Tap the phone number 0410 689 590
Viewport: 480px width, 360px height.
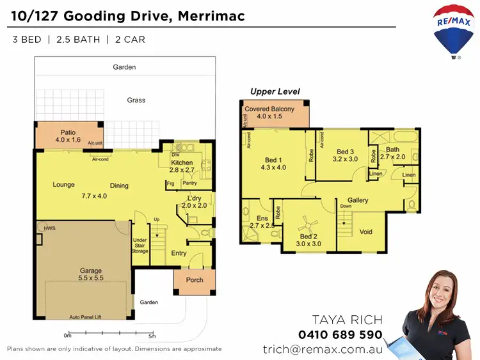coord(340,334)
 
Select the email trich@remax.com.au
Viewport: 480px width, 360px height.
coord(323,349)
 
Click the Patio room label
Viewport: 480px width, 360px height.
coord(68,136)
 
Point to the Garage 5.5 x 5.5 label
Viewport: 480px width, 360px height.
coord(91,274)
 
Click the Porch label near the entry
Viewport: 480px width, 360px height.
coord(195,279)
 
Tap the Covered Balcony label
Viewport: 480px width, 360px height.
coord(269,113)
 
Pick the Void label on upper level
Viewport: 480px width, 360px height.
coord(366,231)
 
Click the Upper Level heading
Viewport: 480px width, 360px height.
coord(275,91)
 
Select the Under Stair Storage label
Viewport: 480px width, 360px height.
coord(140,246)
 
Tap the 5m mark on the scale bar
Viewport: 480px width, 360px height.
coord(152,336)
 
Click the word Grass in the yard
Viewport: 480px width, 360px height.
coord(136,100)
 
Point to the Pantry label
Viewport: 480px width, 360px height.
coord(189,184)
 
